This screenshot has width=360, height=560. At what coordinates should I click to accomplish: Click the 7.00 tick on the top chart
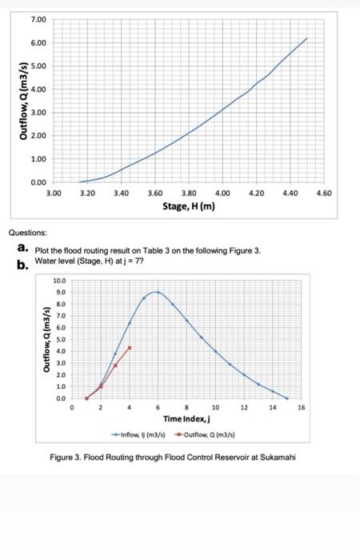[39, 18]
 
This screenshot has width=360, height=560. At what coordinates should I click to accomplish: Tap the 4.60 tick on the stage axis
[325, 194]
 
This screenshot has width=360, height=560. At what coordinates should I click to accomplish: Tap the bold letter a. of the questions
[23, 248]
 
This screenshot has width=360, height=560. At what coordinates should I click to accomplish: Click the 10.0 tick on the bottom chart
[61, 281]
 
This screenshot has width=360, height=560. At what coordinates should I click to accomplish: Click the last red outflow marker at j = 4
[130, 348]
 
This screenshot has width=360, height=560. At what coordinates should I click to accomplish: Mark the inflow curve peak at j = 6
[158, 292]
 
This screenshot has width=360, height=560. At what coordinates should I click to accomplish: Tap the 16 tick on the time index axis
[301, 407]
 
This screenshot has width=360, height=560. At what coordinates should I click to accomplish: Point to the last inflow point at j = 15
[286, 398]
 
